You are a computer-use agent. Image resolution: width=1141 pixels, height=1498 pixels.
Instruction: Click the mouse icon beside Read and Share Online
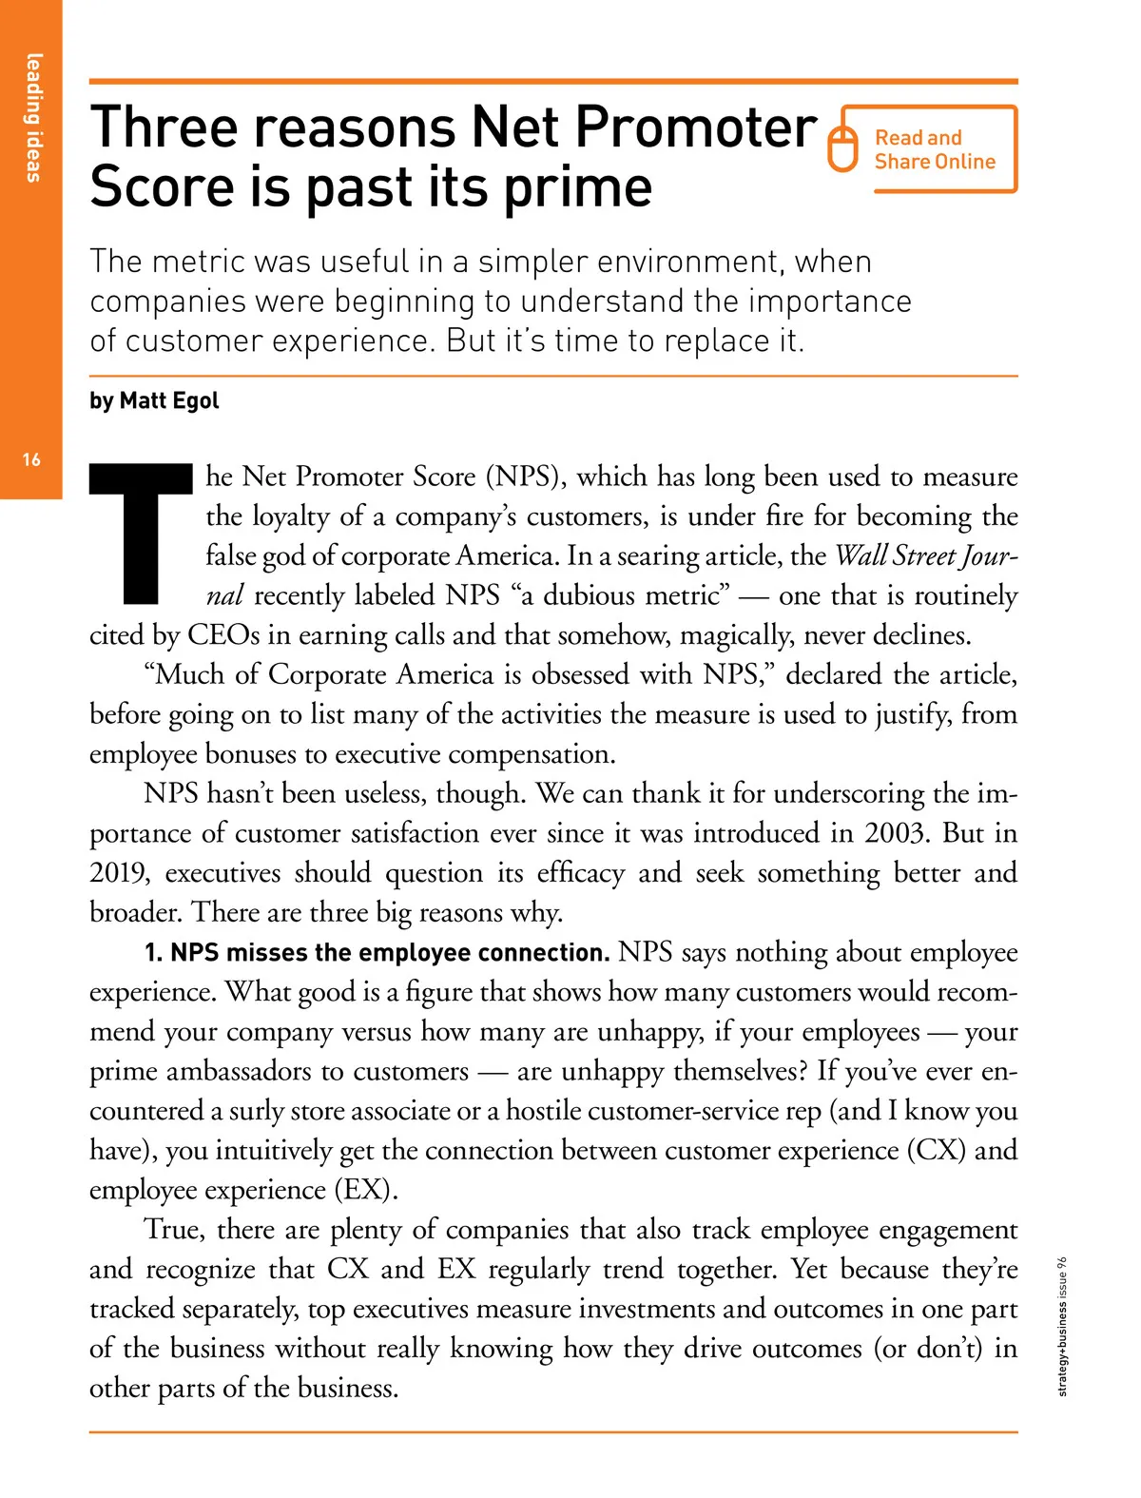842,148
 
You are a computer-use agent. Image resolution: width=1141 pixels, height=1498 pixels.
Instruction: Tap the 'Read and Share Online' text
935,150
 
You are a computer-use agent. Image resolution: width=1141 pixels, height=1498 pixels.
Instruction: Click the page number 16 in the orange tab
31,460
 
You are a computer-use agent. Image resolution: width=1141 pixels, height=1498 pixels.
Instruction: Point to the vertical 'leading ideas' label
33,117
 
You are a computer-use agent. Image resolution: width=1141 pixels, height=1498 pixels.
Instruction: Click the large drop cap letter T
141,534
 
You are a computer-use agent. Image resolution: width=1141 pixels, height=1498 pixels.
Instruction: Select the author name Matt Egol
169,400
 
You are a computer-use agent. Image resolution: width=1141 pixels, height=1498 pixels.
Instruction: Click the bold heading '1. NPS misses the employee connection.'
377,953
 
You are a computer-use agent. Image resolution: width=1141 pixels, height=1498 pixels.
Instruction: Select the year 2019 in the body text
119,873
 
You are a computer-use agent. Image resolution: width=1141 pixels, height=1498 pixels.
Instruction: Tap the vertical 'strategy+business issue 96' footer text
1063,1326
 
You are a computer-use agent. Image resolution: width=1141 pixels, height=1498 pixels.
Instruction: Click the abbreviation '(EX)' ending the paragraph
365,1190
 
